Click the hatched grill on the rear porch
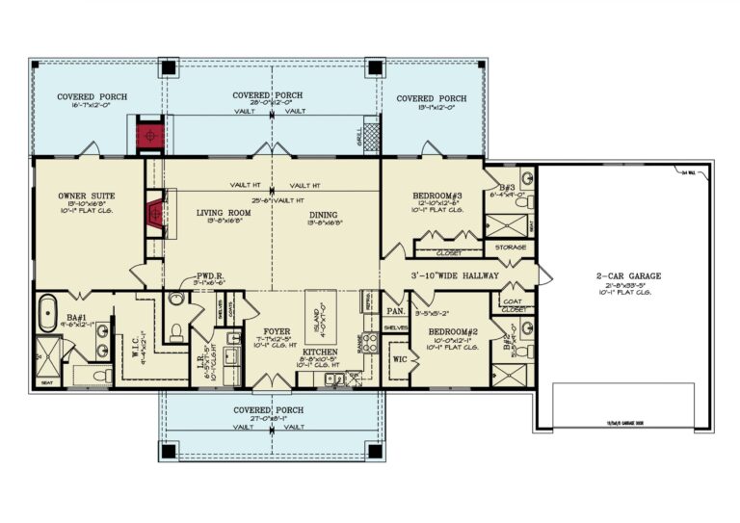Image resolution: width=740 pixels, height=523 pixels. coord(372,137)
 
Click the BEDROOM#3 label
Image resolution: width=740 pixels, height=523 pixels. coord(438,196)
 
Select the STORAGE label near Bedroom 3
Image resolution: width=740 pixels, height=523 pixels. coord(512,247)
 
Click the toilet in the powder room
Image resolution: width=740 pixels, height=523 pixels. coord(176,332)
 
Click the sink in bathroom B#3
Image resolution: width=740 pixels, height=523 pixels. coord(526,180)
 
